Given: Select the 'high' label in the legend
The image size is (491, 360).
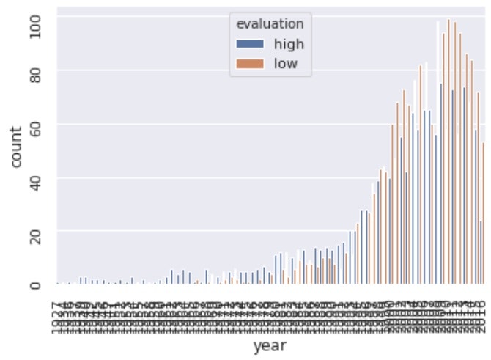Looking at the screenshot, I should (289, 43).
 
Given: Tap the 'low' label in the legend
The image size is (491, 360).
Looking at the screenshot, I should (286, 64).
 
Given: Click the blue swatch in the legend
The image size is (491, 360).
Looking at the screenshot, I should (250, 43).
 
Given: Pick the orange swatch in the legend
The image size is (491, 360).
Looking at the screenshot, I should (250, 64).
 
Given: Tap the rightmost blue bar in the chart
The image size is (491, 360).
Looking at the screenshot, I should (481, 253).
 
